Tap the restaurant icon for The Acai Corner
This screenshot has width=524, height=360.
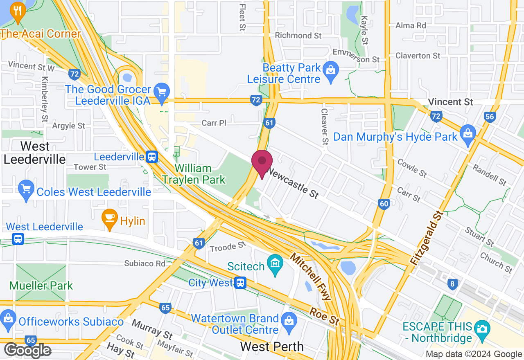tap(17, 10)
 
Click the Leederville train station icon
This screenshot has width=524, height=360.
tap(152, 156)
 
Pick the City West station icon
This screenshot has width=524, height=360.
tap(240, 282)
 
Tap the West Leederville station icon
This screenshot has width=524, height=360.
tap(18, 239)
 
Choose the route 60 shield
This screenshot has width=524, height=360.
tap(384, 204)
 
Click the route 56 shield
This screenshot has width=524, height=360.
tap(490, 117)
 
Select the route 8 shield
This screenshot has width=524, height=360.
tap(452, 284)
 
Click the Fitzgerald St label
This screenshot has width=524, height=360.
tap(427, 238)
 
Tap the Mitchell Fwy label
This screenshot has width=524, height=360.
tap(310, 277)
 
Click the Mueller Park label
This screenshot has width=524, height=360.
tap(41, 285)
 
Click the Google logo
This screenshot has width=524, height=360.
tap(28, 351)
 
